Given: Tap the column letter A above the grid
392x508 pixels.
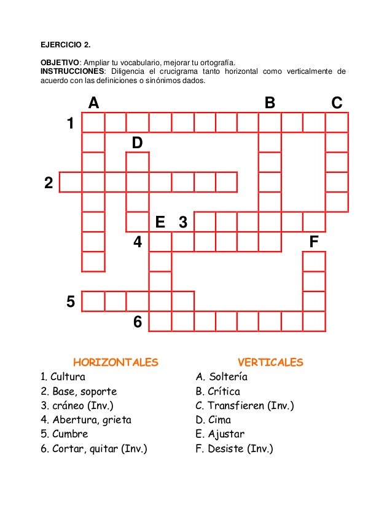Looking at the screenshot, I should point(93,103).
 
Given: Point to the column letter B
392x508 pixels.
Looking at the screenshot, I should point(269,103).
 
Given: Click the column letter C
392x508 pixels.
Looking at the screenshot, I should point(337,103).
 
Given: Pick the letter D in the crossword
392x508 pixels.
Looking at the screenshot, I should point(137,143).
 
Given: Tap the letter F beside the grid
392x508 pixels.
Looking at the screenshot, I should point(314,242).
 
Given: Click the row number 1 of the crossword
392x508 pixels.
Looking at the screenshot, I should point(71,123).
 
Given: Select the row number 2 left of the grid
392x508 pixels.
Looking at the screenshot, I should point(49,183).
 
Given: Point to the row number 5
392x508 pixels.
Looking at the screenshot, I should point(71,301).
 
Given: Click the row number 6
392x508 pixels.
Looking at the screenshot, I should point(138,321).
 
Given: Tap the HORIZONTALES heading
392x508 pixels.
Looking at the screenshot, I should point(116,362).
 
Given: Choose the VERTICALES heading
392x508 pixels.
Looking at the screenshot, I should point(270,362).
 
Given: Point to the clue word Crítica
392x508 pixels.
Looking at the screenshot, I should point(224,391).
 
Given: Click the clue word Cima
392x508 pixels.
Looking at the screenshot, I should point(219,420).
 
